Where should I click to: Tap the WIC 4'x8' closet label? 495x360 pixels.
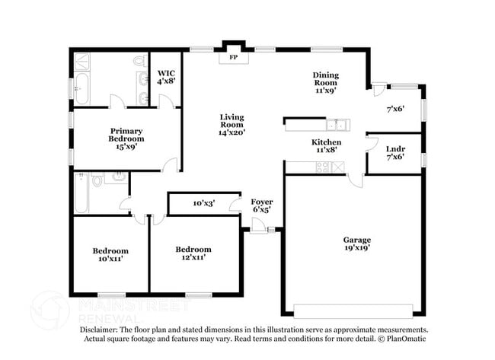tap(167, 76)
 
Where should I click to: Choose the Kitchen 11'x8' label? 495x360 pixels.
tap(326, 146)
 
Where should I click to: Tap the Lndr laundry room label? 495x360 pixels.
tap(394, 152)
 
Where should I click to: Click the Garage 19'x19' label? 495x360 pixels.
tap(356, 244)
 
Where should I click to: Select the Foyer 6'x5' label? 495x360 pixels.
tap(261, 205)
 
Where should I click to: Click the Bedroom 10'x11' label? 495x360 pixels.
tap(110, 254)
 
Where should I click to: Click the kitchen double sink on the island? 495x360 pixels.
tap(336, 124)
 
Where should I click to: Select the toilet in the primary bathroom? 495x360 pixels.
tap(139, 60)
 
